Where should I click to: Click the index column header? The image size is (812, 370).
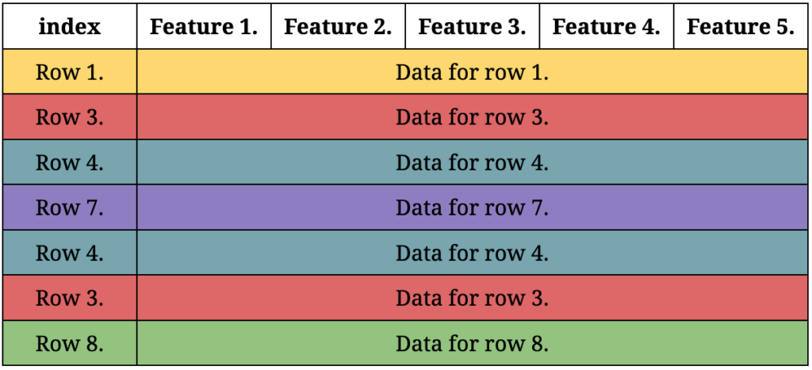click(x=70, y=26)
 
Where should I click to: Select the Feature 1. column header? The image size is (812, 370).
click(x=204, y=26)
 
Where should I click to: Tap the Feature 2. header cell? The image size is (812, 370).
click(x=338, y=26)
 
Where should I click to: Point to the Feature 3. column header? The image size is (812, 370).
click(x=473, y=26)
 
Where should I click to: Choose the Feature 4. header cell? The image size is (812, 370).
click(x=607, y=26)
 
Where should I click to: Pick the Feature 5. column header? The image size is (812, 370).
click(x=741, y=26)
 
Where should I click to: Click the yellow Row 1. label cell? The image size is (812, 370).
click(x=70, y=72)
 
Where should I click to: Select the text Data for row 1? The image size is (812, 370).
click(x=473, y=72)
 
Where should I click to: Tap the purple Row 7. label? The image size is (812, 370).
click(x=70, y=208)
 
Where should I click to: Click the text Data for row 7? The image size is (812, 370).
click(x=473, y=208)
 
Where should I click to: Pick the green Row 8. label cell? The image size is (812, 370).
click(x=70, y=344)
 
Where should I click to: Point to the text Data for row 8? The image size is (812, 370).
click(x=473, y=344)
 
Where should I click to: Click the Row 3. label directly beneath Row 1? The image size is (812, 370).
click(x=70, y=117)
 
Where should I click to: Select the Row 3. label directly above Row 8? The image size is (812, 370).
click(x=70, y=298)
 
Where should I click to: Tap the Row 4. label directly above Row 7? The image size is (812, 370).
click(x=70, y=162)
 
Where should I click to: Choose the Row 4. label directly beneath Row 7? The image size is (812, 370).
click(x=70, y=253)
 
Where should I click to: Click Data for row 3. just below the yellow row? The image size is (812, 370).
click(x=473, y=117)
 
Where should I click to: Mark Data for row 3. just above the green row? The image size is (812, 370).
click(x=473, y=299)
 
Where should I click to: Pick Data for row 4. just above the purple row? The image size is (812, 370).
click(x=473, y=163)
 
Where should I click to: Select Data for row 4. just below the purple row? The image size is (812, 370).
click(x=473, y=254)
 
